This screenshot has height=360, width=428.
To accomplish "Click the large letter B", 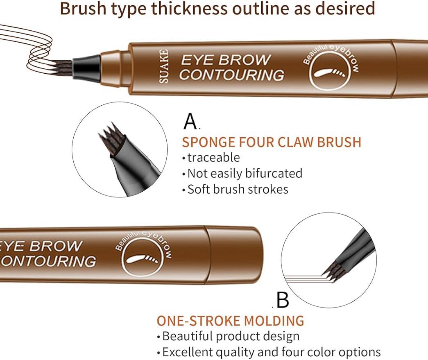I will pyautogui.click(x=283, y=300).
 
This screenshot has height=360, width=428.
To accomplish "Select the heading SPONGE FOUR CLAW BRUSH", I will pyautogui.click(x=272, y=142).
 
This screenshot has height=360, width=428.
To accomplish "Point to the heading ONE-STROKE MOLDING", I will pyautogui.click(x=230, y=320).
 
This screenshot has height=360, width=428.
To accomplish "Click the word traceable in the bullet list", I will pyautogui.click(x=213, y=157).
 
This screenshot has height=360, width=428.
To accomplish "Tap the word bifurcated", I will pyautogui.click(x=274, y=173).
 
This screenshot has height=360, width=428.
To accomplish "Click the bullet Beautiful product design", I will pyautogui.click(x=231, y=336).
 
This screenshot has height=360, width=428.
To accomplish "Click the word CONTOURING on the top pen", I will pyautogui.click(x=231, y=75).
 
